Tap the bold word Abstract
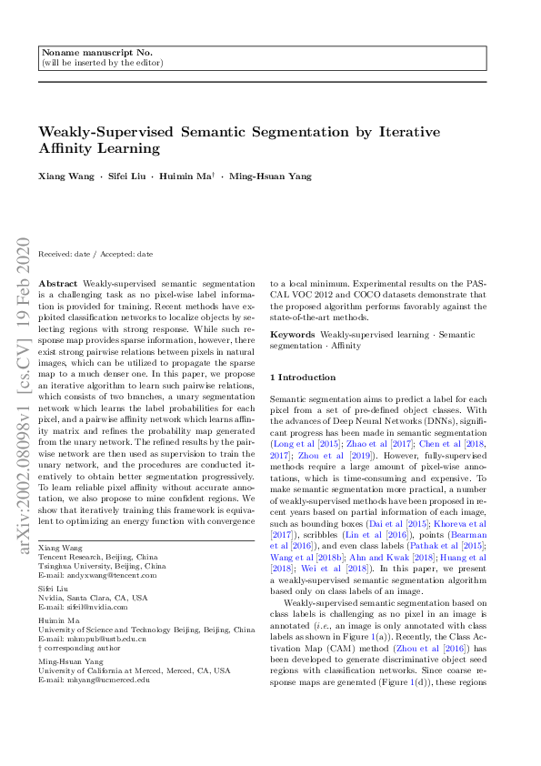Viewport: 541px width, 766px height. [x=59, y=285]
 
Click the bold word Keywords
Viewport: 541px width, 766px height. [x=293, y=336]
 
